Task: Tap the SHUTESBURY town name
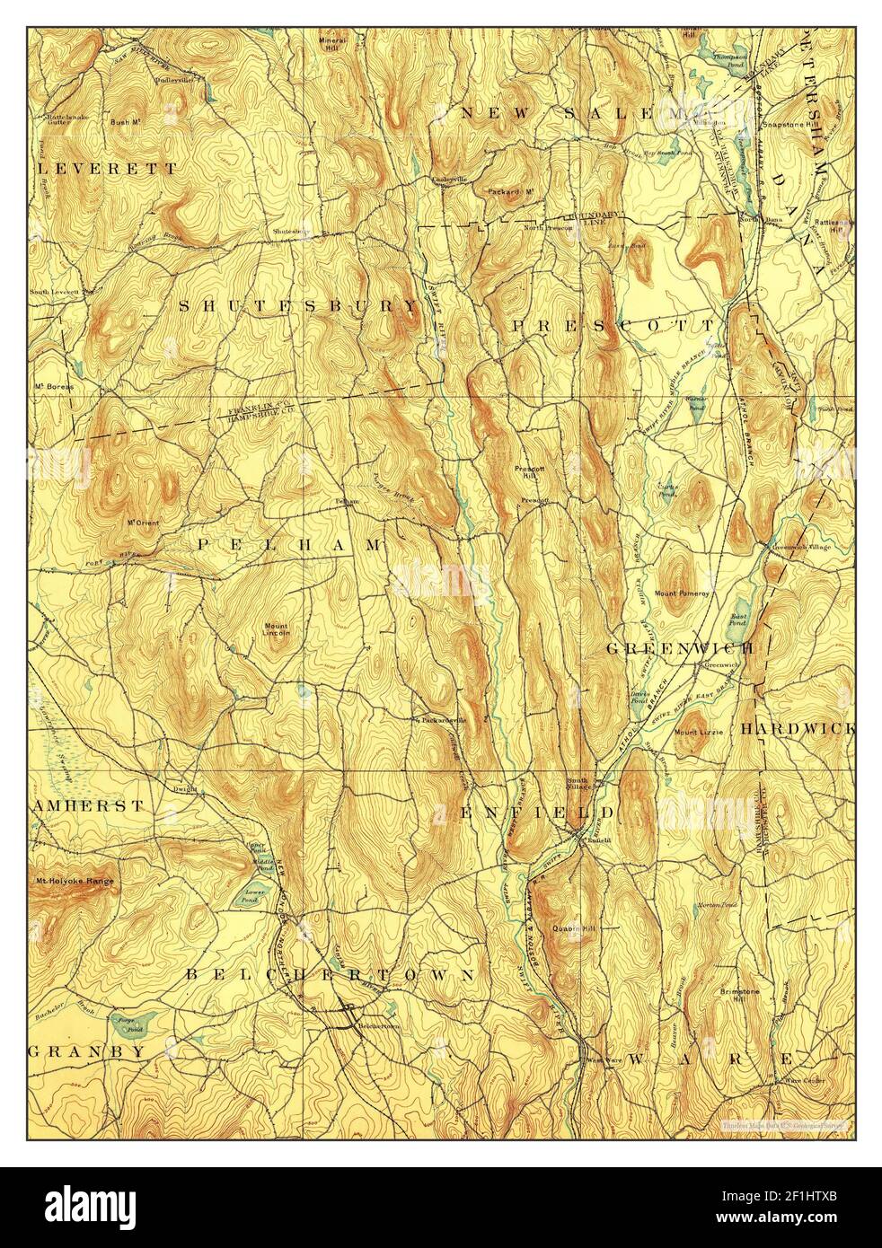coord(298,306)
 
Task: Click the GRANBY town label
coord(86,1050)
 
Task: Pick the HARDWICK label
coord(797,729)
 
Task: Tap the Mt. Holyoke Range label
coord(75,882)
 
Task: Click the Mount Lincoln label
coord(277,628)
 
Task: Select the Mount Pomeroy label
coord(682,593)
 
